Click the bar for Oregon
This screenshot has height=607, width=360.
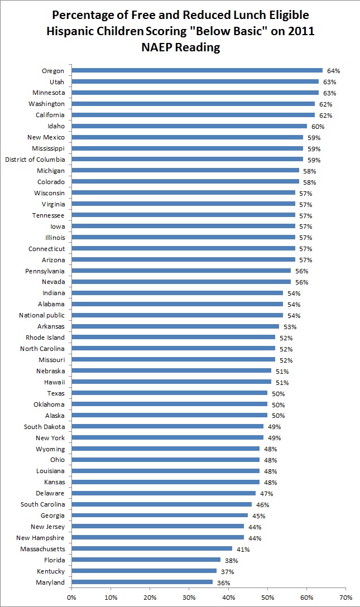coord(197,70)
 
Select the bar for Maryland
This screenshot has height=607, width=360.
coord(142,582)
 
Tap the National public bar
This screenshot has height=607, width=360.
coord(177,315)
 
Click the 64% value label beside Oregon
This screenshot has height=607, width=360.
coord(334,71)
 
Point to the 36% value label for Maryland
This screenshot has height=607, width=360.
coord(224,582)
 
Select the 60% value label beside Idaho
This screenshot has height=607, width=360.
coord(318,127)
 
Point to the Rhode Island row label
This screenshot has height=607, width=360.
coord(45,338)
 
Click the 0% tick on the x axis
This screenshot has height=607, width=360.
coord(71,597)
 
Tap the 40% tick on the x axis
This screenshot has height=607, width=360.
coord(228,597)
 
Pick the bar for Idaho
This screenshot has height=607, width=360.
coord(189,126)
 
